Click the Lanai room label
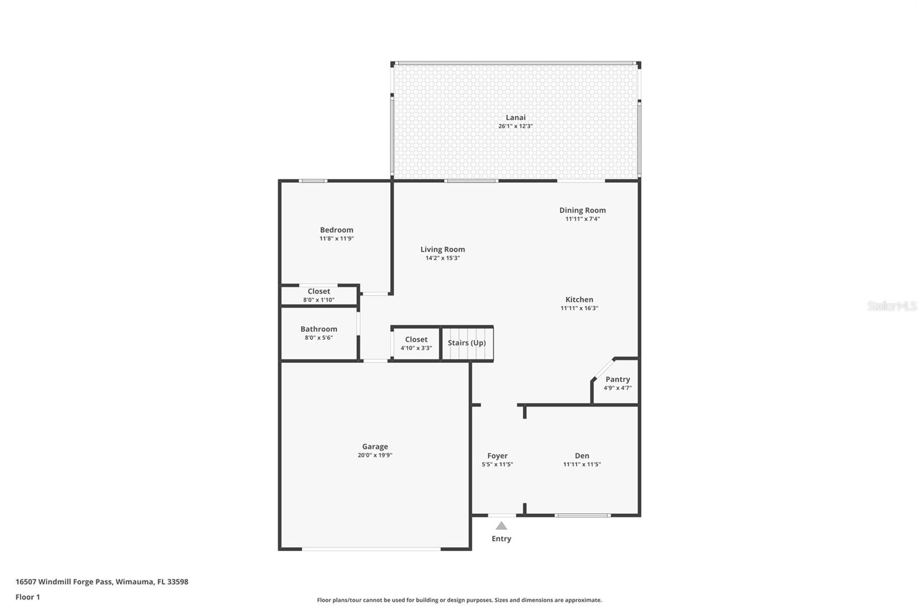tap(515, 117)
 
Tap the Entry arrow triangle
tap(501, 526)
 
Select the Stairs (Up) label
tap(466, 343)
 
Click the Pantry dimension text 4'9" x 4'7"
tap(617, 388)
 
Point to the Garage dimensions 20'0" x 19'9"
tap(374, 455)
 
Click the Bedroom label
tap(337, 230)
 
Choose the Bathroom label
tap(319, 329)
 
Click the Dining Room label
tap(582, 210)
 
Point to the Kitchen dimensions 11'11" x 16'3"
tap(579, 308)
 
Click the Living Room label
tap(442, 249)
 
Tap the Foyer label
tap(497, 456)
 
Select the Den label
tap(582, 456)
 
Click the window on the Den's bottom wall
tap(582, 516)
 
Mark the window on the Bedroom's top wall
tap(313, 181)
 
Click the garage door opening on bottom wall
tap(372, 549)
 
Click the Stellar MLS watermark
tap(891, 306)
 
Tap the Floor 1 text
tap(28, 597)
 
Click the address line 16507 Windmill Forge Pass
tap(102, 582)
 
